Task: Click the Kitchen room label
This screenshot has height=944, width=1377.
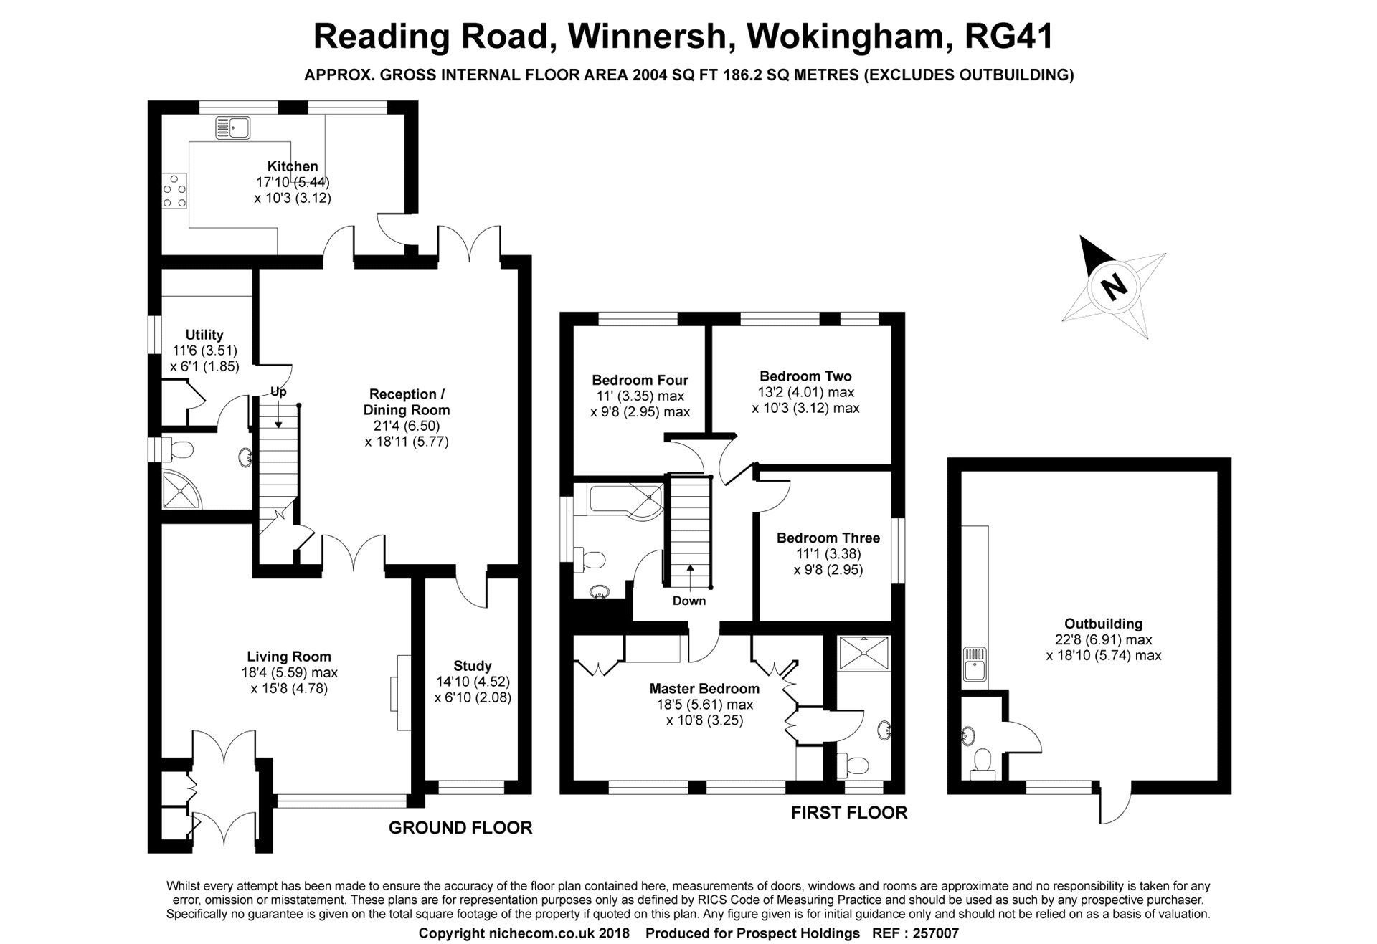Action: click(293, 166)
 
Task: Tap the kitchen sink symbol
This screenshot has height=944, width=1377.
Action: click(232, 128)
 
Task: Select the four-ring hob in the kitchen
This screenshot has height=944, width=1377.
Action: click(174, 191)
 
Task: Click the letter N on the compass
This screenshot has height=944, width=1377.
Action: click(1114, 287)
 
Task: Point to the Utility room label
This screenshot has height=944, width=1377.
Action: click(204, 335)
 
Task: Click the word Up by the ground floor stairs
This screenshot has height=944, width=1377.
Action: click(278, 392)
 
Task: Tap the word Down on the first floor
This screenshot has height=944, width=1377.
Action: click(689, 601)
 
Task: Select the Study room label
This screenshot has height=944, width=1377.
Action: click(473, 666)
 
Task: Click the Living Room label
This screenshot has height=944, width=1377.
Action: click(289, 656)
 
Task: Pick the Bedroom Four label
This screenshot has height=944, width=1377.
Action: click(640, 380)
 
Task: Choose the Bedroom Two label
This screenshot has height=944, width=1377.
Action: click(805, 376)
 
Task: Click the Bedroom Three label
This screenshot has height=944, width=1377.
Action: click(828, 538)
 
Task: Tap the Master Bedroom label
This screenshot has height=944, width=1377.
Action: click(704, 689)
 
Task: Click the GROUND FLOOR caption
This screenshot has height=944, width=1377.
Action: click(460, 828)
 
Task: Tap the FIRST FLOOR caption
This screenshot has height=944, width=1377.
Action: click(849, 812)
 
